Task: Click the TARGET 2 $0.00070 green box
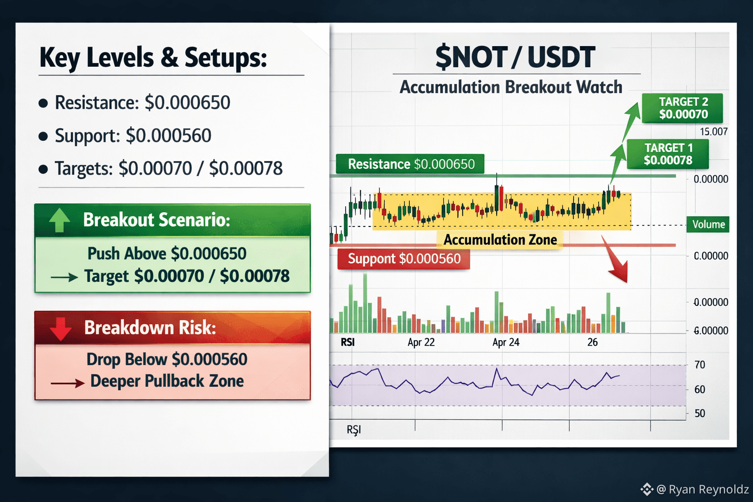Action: tap(682, 108)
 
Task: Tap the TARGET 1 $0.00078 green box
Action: tap(668, 154)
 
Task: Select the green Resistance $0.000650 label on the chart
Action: tap(410, 164)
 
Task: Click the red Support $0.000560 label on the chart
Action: tap(404, 259)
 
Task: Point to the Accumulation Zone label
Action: tap(500, 240)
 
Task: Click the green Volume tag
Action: tap(708, 224)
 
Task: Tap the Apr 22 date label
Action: tap(421, 342)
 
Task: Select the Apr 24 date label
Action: tap(505, 342)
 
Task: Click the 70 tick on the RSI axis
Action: tap(700, 365)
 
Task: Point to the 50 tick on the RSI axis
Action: tap(700, 413)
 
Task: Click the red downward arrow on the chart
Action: tap(616, 261)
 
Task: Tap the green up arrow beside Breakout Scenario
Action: tap(59, 220)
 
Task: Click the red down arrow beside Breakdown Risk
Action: tap(60, 329)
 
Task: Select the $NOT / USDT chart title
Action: tap(515, 57)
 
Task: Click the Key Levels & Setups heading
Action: tap(153, 58)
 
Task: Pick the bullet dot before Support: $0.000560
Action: tap(43, 136)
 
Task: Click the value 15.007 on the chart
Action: tap(714, 131)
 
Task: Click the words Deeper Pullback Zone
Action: tap(167, 381)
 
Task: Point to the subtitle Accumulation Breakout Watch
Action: tap(511, 87)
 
